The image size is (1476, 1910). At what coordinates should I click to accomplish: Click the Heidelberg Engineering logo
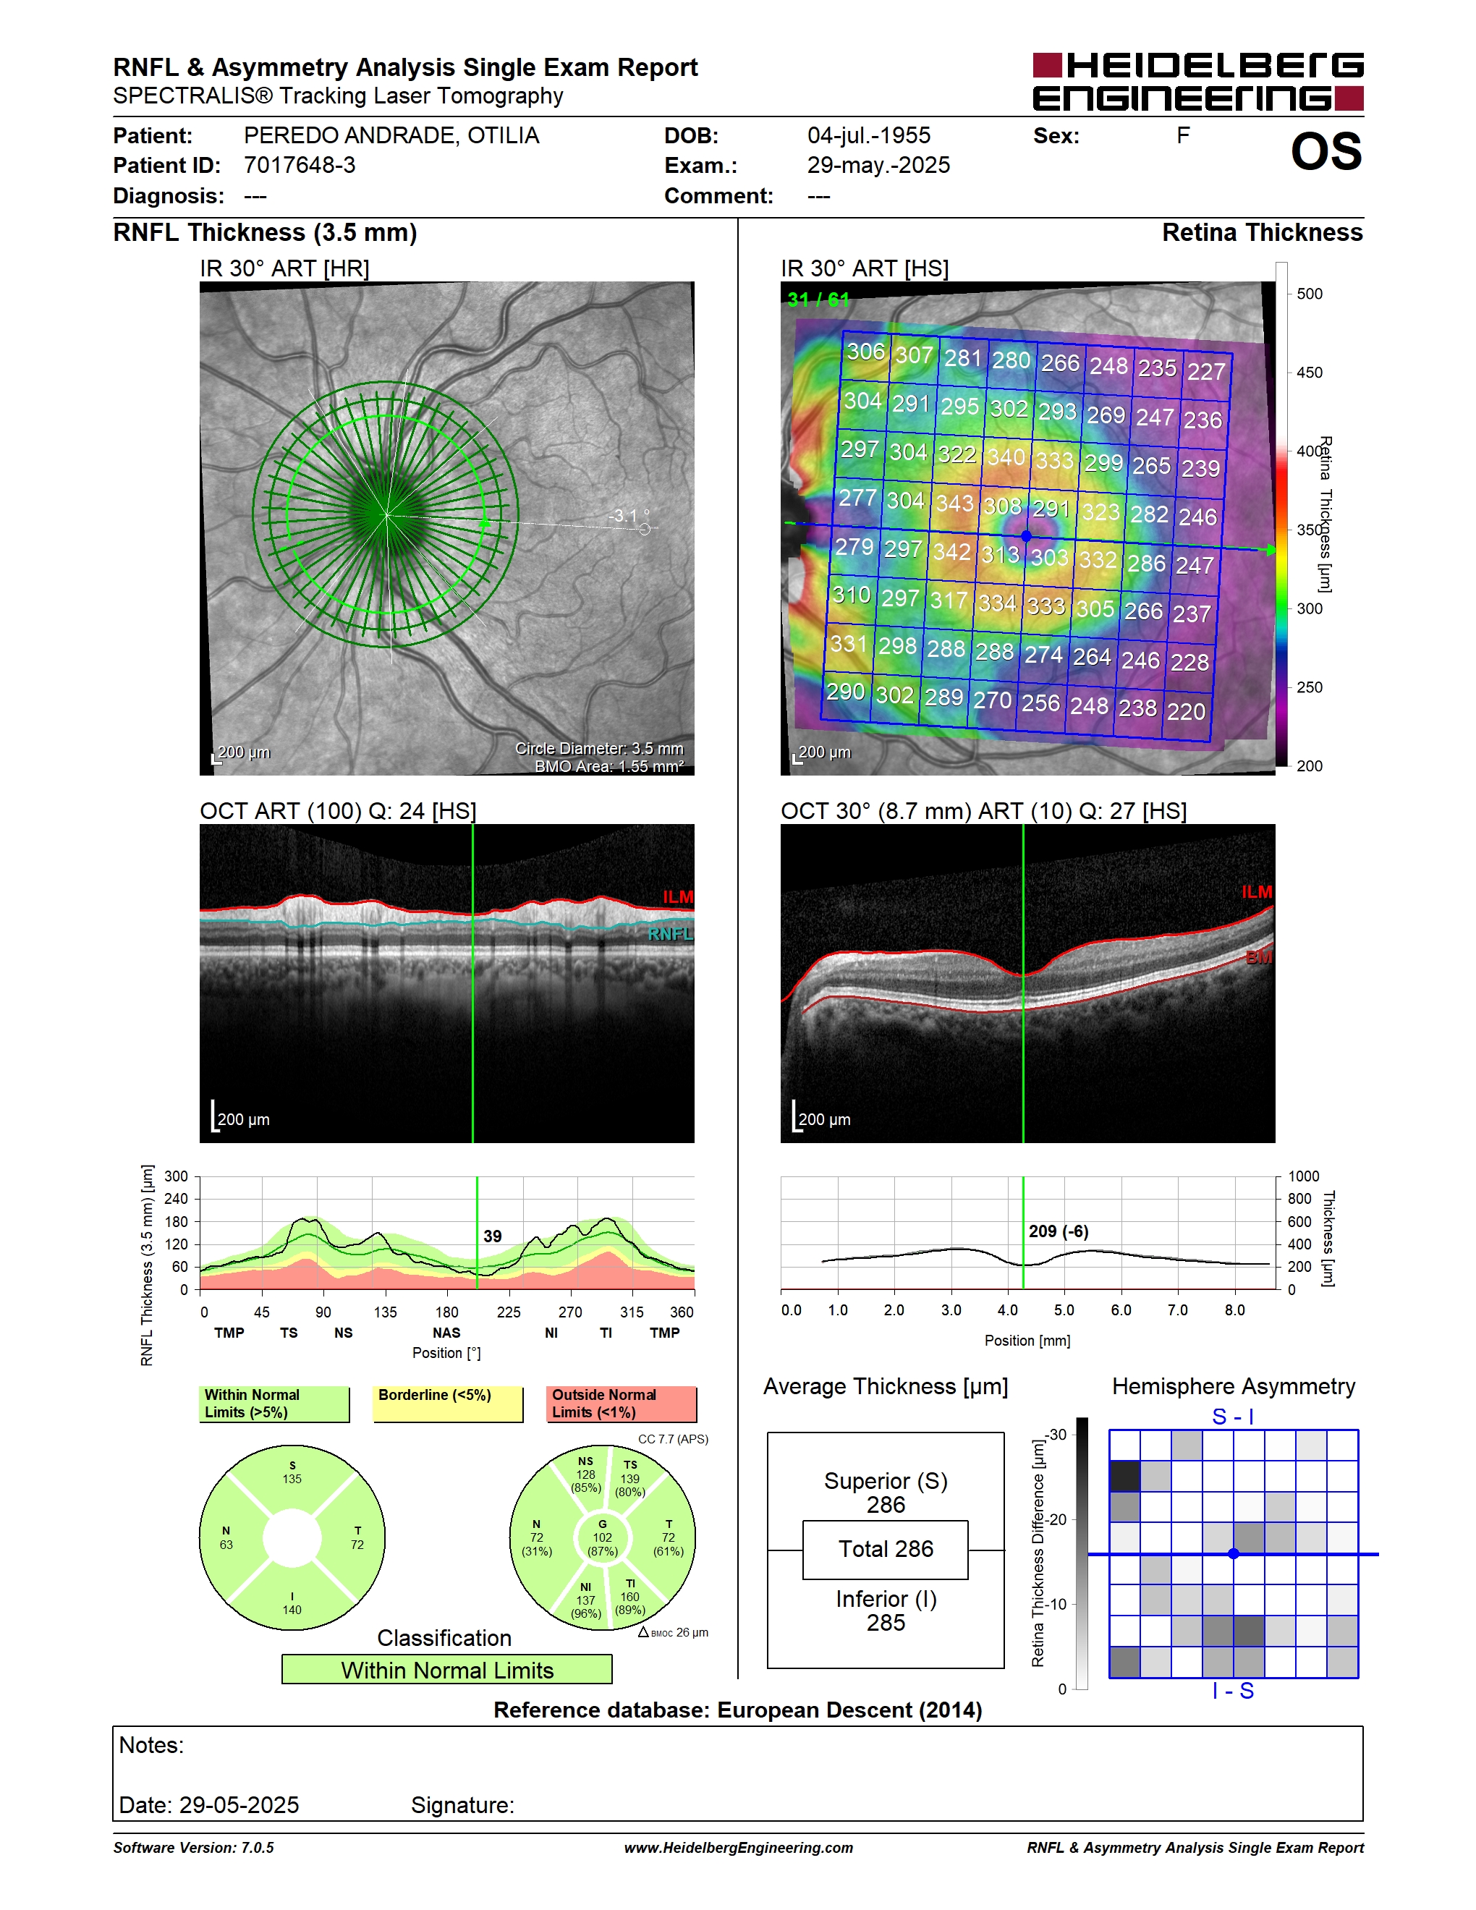(1198, 81)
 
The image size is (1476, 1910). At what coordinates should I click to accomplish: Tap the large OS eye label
(1326, 151)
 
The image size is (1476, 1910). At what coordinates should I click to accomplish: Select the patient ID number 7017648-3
(300, 165)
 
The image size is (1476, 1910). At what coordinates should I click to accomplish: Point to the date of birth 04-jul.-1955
(868, 135)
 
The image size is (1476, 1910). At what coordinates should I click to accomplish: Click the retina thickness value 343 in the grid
(954, 503)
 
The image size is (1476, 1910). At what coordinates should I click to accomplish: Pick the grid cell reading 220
(1186, 711)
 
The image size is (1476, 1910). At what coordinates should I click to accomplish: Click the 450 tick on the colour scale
(1309, 373)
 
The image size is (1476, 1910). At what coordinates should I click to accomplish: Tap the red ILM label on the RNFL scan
(678, 896)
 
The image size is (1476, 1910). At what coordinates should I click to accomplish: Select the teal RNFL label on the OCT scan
(670, 934)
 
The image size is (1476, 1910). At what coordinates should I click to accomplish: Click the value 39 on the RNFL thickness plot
(492, 1236)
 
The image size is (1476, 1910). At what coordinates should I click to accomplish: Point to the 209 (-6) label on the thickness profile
(1058, 1231)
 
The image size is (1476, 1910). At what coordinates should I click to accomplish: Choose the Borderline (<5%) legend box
(448, 1404)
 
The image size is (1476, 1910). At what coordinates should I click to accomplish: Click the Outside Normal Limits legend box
(622, 1404)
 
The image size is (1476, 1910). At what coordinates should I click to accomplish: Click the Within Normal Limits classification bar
(447, 1670)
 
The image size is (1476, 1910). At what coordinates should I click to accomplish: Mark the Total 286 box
(885, 1550)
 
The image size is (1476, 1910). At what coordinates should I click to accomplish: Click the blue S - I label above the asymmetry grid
(1233, 1417)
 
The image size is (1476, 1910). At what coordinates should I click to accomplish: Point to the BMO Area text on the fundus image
(609, 766)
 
